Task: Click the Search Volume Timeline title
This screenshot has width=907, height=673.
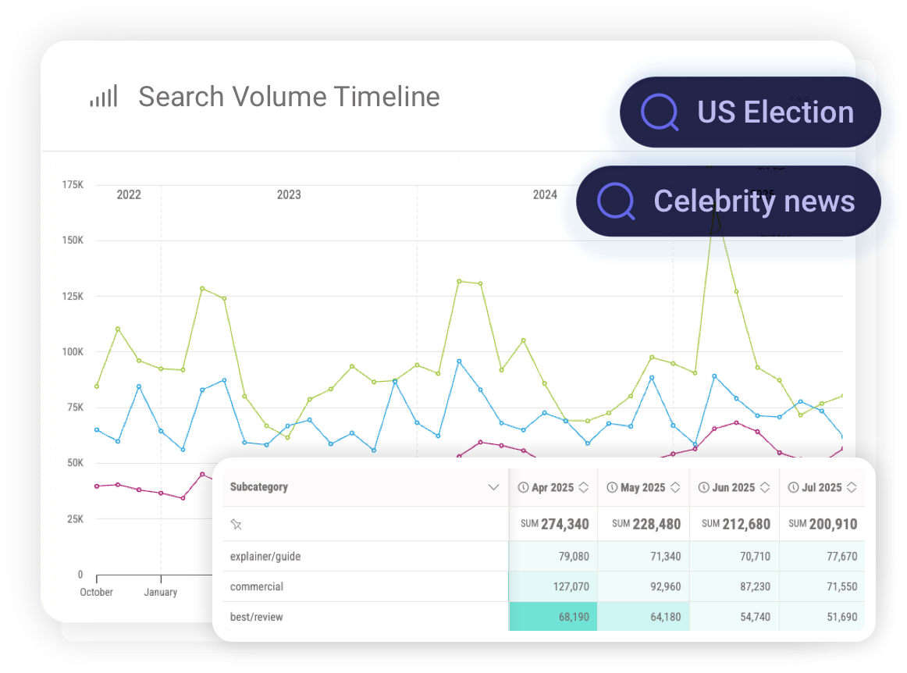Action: point(289,97)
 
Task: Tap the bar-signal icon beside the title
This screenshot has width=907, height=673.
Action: point(103,97)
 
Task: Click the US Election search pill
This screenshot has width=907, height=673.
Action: point(750,112)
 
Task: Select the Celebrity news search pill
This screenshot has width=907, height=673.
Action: point(728,201)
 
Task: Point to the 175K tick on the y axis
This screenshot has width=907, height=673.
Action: point(73,185)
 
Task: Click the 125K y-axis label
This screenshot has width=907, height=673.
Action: point(73,296)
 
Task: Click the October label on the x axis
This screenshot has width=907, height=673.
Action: point(96,592)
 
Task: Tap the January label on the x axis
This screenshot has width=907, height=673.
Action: point(160,592)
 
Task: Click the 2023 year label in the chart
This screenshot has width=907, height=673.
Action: point(289,194)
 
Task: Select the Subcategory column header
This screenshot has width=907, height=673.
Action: point(259,487)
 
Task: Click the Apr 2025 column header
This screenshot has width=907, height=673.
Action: point(553,487)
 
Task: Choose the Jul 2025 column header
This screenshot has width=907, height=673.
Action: point(820,487)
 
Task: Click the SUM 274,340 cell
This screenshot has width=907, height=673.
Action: point(554,524)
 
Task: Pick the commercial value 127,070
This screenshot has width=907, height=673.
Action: point(567,586)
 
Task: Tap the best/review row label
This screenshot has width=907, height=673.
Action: point(257,617)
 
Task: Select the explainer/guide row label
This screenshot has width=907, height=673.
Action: point(265,557)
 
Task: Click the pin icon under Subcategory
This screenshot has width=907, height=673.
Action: point(236,525)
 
